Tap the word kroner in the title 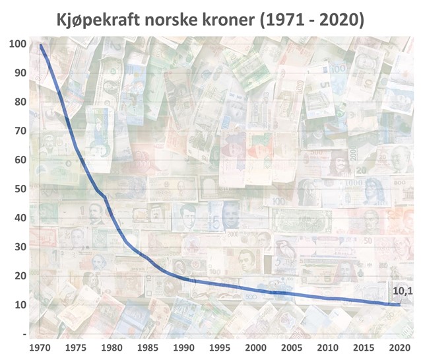pos(226,19)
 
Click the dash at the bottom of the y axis pos(24,334)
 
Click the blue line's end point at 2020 pos(399,305)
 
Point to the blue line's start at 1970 pos(41,46)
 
